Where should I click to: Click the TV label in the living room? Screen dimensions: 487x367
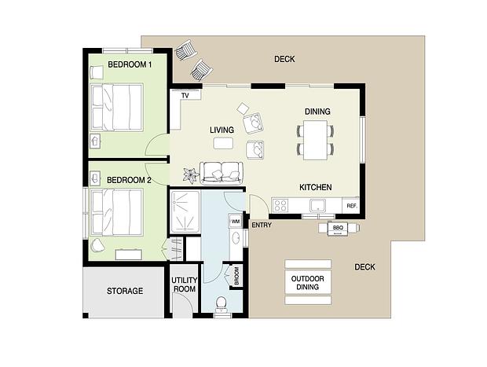pyautogui.click(x=185, y=95)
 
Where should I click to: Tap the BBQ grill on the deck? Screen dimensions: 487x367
pyautogui.click(x=338, y=228)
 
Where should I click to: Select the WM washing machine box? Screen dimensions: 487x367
pyautogui.click(x=236, y=222)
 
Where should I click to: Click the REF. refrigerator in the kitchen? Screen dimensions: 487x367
pyautogui.click(x=351, y=206)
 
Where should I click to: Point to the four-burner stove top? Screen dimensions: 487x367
pyautogui.click(x=280, y=206)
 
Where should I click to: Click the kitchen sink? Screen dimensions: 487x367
pyautogui.click(x=317, y=205)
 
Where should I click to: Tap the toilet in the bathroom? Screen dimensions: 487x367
pyautogui.click(x=222, y=303)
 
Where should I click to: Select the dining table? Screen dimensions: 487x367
pyautogui.click(x=315, y=140)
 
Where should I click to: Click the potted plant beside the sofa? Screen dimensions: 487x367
pyautogui.click(x=190, y=175)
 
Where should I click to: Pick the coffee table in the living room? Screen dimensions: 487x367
pyautogui.click(x=223, y=143)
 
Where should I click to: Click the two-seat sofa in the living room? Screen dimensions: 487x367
pyautogui.click(x=221, y=173)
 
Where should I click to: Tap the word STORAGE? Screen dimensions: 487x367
pyautogui.click(x=125, y=291)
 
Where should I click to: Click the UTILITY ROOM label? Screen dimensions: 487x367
pyautogui.click(x=184, y=284)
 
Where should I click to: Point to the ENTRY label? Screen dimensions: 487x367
pyautogui.click(x=262, y=225)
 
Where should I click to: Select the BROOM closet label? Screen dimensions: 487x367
pyautogui.click(x=236, y=276)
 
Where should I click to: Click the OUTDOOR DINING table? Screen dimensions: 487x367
pyautogui.click(x=308, y=282)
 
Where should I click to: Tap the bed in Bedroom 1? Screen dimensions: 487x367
pyautogui.click(x=116, y=107)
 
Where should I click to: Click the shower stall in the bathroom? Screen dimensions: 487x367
pyautogui.click(x=185, y=211)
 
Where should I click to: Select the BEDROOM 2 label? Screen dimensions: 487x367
pyautogui.click(x=129, y=180)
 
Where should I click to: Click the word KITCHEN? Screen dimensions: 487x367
pyautogui.click(x=316, y=187)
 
